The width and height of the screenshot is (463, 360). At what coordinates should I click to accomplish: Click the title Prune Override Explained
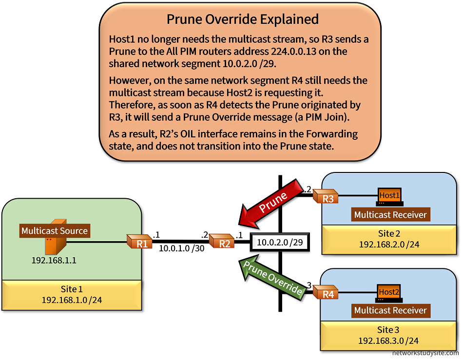(242, 19)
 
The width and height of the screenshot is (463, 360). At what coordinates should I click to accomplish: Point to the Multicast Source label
(55, 231)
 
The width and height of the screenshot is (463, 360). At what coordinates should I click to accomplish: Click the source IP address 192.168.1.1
(54, 260)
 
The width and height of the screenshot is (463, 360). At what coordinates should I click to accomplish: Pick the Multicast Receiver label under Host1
(390, 214)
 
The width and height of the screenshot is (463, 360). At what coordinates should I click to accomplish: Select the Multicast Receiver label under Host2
(390, 310)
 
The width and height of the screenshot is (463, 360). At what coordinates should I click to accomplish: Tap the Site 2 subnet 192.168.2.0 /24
(389, 244)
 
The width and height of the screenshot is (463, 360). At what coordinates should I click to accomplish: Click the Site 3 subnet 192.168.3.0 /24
(389, 341)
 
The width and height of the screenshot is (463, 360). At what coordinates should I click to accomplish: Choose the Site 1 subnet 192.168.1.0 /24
(72, 299)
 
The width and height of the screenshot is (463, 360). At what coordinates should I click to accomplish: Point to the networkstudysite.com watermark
(424, 354)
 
